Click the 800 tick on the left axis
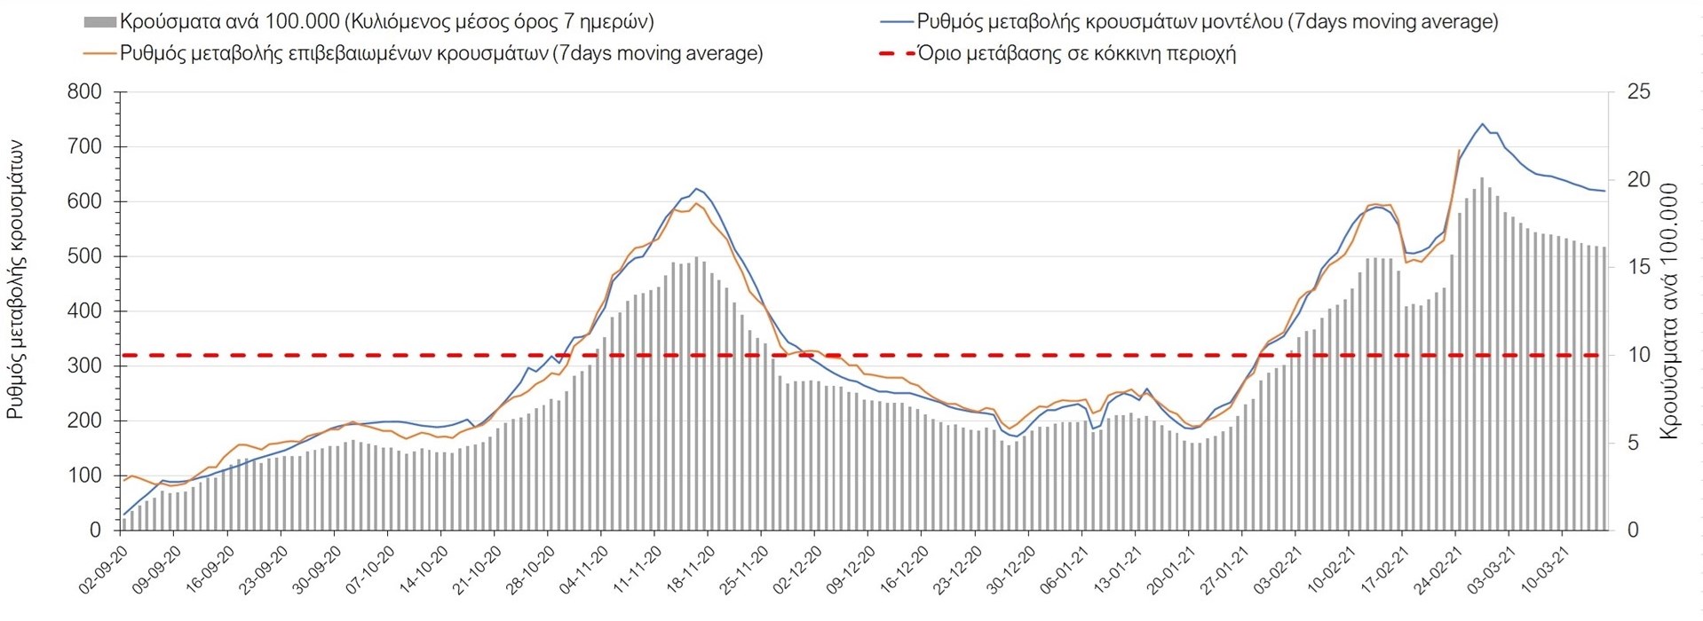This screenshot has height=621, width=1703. pyautogui.click(x=84, y=92)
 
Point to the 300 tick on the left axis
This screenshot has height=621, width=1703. pyautogui.click(x=84, y=366)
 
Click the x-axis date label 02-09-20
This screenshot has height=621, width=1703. pyautogui.click(x=105, y=570)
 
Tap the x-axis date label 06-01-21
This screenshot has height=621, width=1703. pyautogui.click(x=1065, y=570)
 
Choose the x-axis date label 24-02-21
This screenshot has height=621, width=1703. pyautogui.click(x=1438, y=570)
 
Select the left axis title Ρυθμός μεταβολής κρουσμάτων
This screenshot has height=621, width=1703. pyautogui.click(x=16, y=279)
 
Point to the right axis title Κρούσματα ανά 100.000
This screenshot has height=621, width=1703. pyautogui.click(x=1669, y=310)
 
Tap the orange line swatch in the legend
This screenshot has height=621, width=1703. pyautogui.click(x=99, y=53)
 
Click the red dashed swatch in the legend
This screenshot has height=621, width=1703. pyautogui.click(x=897, y=53)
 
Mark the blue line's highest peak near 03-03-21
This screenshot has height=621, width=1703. pyautogui.click(x=1482, y=124)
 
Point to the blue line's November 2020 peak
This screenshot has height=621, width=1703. pyautogui.click(x=697, y=189)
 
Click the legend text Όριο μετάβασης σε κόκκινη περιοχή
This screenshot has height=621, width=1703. pyautogui.click(x=1076, y=53)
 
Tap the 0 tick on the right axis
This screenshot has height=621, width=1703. pyautogui.click(x=1632, y=530)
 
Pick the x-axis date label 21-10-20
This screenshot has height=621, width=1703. pyautogui.click(x=478, y=570)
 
